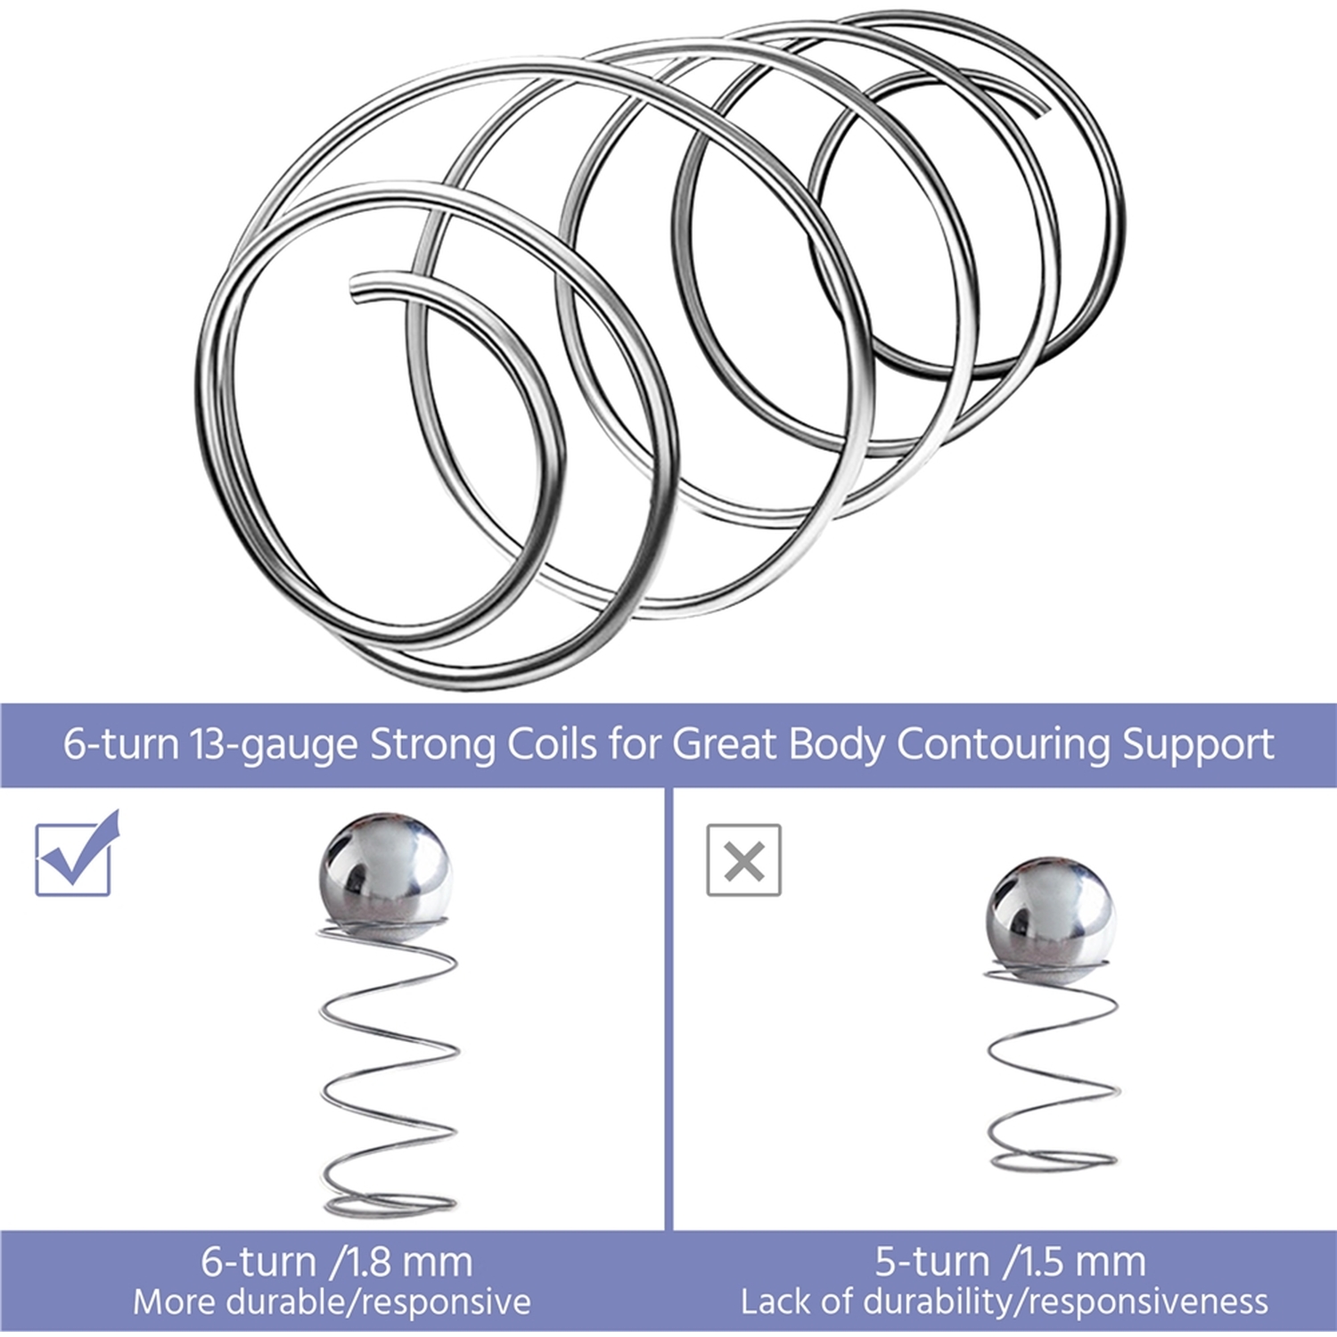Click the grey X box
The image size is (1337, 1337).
(744, 860)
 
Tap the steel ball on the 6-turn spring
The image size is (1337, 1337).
(385, 875)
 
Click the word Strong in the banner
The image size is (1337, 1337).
(432, 745)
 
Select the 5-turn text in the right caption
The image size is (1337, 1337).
(931, 1262)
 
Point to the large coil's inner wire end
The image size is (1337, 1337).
(357, 289)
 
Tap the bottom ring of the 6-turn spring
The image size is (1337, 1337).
(390, 1204)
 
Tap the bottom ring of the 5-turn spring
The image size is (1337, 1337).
(1053, 1160)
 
